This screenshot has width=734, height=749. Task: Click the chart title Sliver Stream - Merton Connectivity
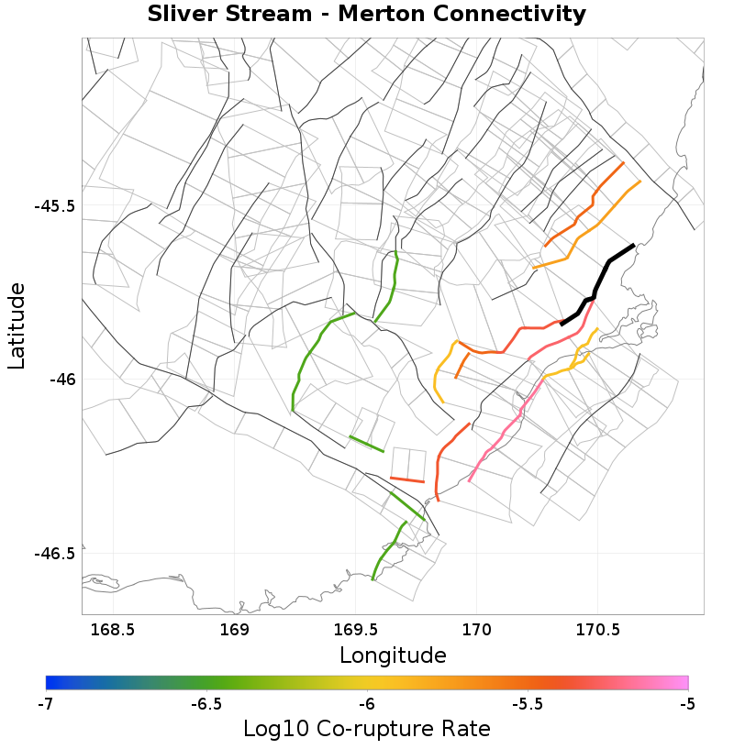point(367,15)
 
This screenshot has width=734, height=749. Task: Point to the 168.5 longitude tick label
point(113,630)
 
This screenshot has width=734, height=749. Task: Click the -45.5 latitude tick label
point(54,205)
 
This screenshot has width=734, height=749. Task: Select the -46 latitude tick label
point(62,379)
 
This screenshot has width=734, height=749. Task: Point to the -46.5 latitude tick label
point(54,553)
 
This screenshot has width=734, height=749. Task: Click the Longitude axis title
point(393,655)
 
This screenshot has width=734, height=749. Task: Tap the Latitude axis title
point(17,325)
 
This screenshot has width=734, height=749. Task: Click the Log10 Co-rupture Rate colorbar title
point(367,729)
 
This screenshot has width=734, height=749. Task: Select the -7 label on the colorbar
point(45,704)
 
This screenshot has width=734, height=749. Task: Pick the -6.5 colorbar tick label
point(206,704)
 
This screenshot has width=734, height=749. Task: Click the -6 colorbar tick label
point(367,704)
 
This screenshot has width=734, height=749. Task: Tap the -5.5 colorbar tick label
point(527,704)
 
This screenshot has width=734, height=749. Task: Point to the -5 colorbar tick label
point(687,704)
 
